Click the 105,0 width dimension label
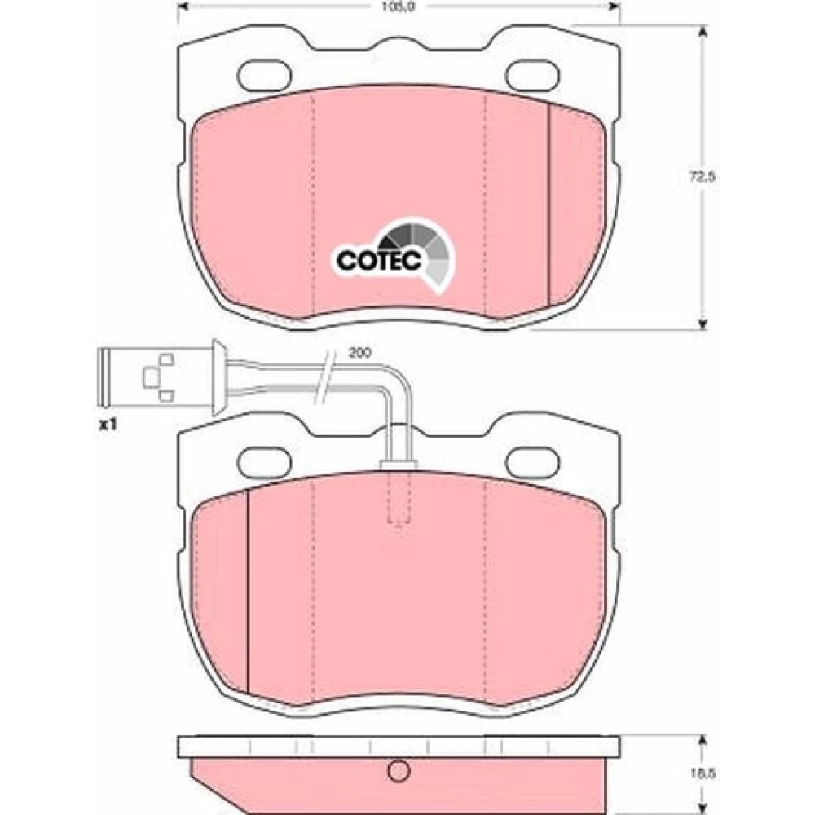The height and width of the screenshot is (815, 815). click(399, 7)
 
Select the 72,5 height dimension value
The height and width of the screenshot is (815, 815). click(703, 177)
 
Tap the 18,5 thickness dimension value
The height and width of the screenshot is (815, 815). click(703, 773)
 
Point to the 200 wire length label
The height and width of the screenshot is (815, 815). click(359, 353)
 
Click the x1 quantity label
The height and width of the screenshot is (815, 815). click(108, 425)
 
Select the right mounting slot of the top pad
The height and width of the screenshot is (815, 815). click(533, 75)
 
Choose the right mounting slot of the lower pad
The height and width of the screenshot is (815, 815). click(533, 461)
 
